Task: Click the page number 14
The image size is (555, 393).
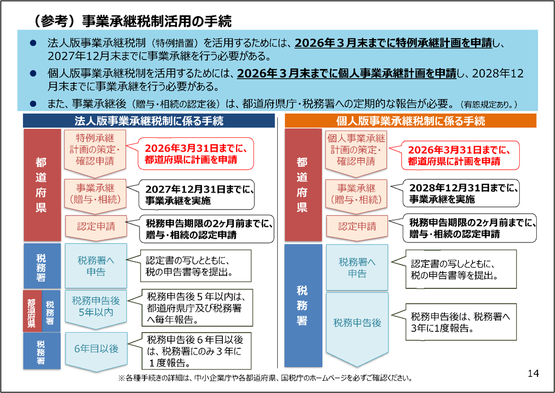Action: tap(533, 373)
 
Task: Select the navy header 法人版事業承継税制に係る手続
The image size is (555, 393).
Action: tap(149, 121)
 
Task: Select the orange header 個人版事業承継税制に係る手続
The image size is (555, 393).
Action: tap(410, 121)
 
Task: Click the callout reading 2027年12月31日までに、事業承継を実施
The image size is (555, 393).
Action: tap(196, 195)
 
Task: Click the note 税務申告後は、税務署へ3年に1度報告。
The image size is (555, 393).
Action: tap(461, 322)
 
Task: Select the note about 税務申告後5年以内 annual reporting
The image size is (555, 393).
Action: tap(197, 308)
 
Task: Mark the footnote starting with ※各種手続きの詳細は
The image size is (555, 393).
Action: tap(265, 378)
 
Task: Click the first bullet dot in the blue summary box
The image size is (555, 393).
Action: tap(33, 43)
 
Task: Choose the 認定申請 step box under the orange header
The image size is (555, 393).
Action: tap(357, 228)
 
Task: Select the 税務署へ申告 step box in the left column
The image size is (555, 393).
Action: tap(96, 266)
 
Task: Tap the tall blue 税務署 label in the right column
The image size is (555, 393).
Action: tap(303, 305)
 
